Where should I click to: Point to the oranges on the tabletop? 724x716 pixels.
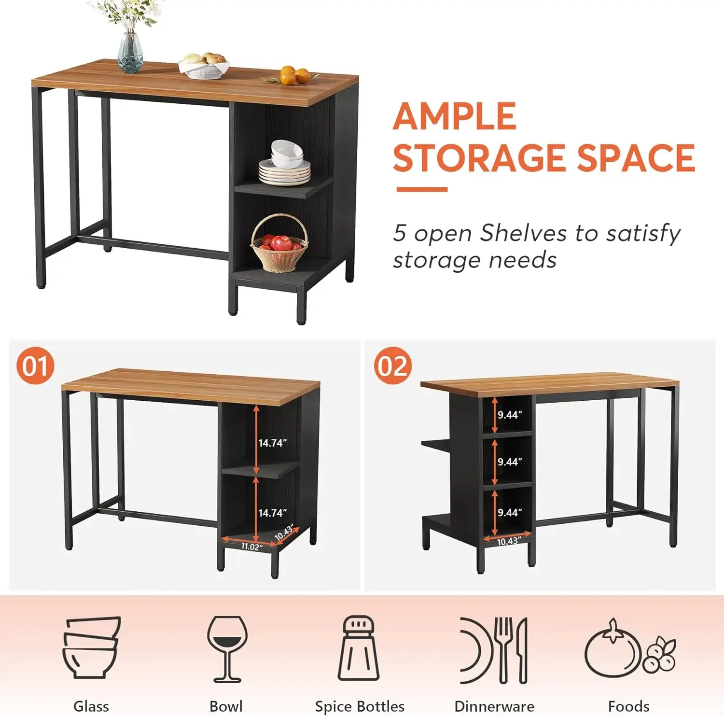pos(294,75)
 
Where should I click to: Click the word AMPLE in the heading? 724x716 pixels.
pos(454,116)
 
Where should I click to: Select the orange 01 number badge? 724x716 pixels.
pos(35,365)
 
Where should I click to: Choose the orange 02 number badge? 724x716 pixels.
pos(393,365)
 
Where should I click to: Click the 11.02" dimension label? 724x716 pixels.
pos(251,547)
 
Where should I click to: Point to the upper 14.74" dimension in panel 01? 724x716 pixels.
pos(272,443)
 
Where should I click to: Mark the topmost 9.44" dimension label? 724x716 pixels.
pos(510,415)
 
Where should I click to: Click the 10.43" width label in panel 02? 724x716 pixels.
pos(508,541)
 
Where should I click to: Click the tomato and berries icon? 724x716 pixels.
pos(629,649)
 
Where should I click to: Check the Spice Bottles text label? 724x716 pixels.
pos(360,706)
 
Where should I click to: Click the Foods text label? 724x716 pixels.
pos(628,706)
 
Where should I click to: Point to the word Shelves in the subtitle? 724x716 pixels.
pos(523,233)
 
